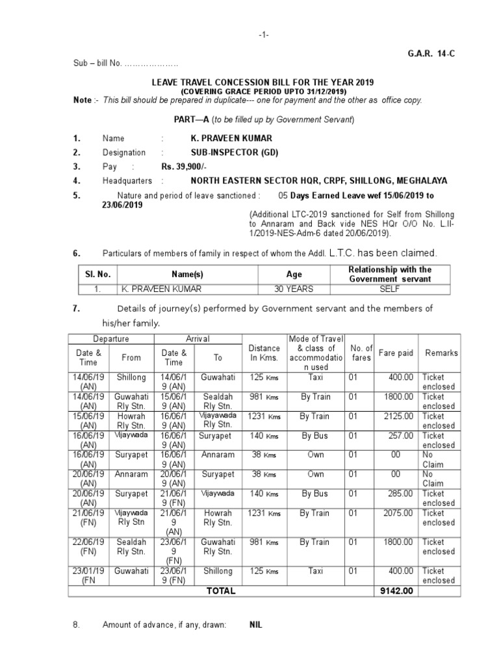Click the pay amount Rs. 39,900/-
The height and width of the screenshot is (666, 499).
[185, 167]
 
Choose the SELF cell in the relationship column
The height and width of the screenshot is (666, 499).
[390, 289]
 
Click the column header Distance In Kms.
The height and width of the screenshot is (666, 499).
[264, 353]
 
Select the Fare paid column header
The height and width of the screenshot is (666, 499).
[396, 353]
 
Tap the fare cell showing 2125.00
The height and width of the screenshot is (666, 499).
[398, 416]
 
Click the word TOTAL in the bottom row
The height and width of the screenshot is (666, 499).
[221, 591]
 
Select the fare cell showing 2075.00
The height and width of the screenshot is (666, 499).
[398, 513]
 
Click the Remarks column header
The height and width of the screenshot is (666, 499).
[441, 353]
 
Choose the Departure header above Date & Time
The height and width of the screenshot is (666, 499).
[111, 339]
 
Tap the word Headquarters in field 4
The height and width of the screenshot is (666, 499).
[127, 181]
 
